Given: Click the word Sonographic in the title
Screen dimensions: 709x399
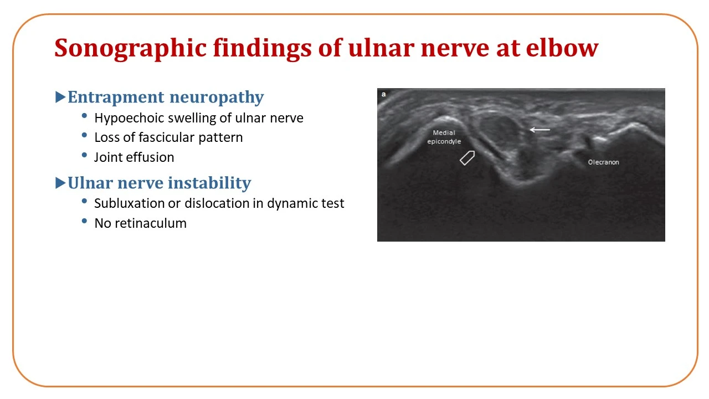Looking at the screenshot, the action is pos(130,48).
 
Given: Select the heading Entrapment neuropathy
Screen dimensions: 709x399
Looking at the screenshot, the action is pos(166,97).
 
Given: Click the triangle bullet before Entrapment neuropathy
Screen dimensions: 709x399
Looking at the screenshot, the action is pos(60,97).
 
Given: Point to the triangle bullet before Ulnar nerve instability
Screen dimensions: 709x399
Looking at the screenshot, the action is pos(60,183).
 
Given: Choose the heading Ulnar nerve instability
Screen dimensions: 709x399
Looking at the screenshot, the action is pos(159,183).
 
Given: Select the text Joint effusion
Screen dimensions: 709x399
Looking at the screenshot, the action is pos(134,157).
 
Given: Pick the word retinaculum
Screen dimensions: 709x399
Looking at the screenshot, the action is pos(150,223).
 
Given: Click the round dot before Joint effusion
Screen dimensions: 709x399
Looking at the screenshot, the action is pos(84,155).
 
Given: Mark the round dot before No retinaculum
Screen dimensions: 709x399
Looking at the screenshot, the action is pos(84,221).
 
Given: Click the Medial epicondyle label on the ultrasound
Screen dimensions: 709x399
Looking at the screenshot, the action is pos(444,137).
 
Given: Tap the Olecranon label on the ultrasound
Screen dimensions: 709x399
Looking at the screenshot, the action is pos(603,162).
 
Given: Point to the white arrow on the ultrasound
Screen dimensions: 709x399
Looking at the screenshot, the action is pos(540,130).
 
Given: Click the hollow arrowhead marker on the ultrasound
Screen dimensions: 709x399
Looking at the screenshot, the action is pos(467,158).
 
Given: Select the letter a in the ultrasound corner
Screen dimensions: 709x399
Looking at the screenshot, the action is pos(384,94).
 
